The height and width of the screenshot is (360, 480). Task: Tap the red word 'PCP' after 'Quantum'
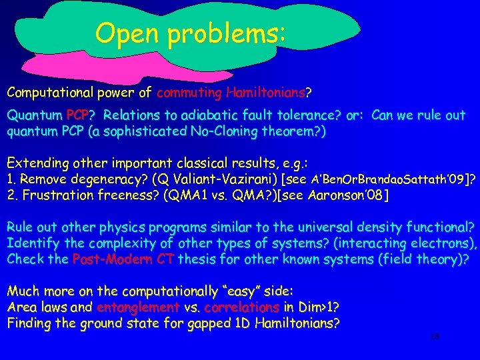79,115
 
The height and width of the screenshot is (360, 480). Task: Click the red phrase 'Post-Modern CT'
123,259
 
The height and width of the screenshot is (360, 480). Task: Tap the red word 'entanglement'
137,307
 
